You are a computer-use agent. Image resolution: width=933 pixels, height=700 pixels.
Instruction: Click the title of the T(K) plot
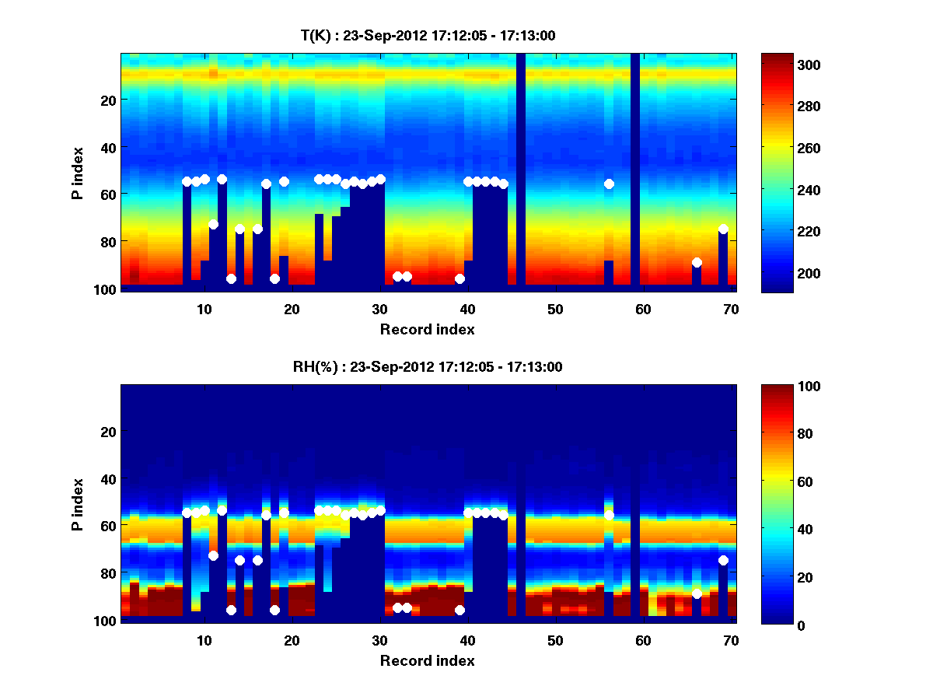tap(428, 35)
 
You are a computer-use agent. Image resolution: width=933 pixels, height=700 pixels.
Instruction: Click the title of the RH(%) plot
tap(428, 366)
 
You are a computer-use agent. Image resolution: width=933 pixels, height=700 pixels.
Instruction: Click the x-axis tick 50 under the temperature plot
tap(555, 309)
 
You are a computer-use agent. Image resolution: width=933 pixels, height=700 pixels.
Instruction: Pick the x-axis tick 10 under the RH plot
tap(204, 640)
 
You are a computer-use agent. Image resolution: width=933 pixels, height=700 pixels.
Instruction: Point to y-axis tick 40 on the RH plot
tap(109, 478)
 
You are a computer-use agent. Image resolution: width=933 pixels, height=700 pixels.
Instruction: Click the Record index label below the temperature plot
tap(428, 329)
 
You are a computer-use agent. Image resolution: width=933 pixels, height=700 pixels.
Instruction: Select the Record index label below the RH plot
tap(428, 660)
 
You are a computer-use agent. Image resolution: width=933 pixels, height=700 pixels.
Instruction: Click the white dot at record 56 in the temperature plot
tap(609, 184)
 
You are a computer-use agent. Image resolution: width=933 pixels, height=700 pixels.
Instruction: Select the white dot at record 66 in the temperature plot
tap(697, 262)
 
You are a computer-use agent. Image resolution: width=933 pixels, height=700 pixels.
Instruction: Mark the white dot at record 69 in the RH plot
tap(723, 560)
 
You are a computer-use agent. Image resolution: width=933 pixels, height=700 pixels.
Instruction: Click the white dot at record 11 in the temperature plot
tap(213, 224)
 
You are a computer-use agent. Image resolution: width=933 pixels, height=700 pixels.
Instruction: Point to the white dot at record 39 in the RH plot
tap(460, 610)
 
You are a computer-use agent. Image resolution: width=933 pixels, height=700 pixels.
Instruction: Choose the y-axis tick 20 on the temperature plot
tap(109, 100)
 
